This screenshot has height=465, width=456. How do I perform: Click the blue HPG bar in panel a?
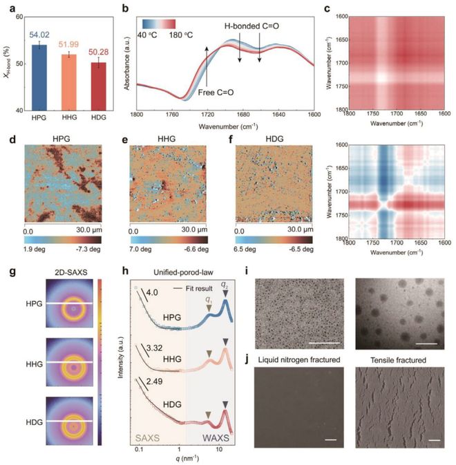(41, 76)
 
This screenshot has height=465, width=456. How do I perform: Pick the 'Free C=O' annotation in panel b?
(216, 91)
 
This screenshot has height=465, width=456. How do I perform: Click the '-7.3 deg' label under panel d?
(88, 247)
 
